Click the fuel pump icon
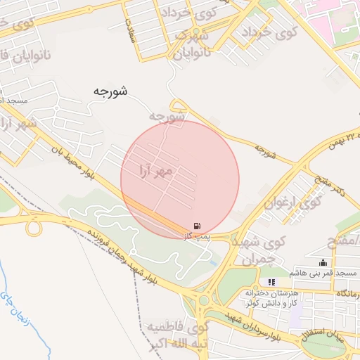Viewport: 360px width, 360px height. click(198, 225)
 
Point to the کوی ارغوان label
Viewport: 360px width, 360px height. click(292, 202)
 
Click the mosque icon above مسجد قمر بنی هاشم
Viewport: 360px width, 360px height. click(323, 262)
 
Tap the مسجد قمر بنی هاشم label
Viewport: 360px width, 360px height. click(323, 272)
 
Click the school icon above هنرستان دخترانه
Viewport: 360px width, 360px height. click(272, 282)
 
